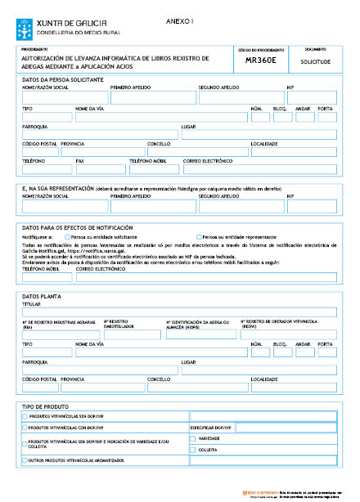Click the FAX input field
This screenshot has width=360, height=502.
101,171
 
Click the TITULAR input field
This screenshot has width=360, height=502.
179,312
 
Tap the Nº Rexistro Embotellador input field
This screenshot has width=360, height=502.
133,334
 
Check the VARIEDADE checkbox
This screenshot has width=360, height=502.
193,438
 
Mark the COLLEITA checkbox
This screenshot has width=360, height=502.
193,450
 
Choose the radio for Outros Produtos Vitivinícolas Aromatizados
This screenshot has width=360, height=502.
25,461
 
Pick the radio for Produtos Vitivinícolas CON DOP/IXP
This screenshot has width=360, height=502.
25,427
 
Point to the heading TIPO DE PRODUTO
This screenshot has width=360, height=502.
47,406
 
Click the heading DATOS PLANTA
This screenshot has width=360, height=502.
42,296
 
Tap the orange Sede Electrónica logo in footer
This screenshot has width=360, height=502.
248,493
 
